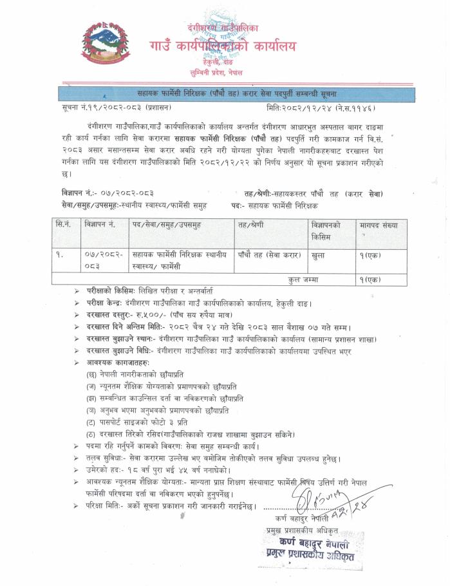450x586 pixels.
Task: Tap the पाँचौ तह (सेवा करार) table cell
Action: (x=268, y=255)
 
